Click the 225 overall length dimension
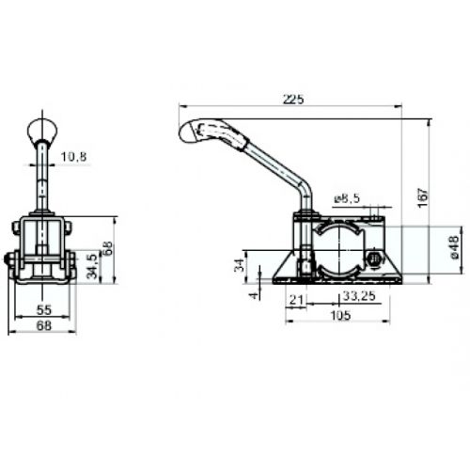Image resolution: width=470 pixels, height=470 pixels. (x=293, y=100)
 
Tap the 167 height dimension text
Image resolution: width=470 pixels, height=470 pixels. (x=423, y=197)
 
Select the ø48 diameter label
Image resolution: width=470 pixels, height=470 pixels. (x=454, y=247)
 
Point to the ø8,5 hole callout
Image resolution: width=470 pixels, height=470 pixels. (x=347, y=198)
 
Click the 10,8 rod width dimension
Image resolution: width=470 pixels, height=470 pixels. (x=73, y=156)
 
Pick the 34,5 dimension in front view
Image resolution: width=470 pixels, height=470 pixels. (x=92, y=266)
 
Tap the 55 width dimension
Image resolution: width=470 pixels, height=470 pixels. (x=44, y=310)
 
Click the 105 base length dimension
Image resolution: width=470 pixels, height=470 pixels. (x=340, y=315)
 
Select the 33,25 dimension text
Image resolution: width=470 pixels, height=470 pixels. (x=359, y=296)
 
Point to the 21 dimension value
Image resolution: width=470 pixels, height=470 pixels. (x=297, y=300)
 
